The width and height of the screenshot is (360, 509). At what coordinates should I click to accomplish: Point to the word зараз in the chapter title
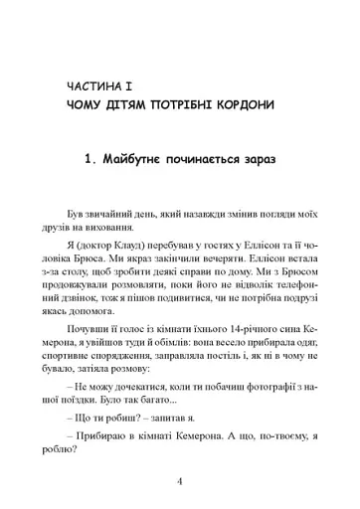tap(255, 157)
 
